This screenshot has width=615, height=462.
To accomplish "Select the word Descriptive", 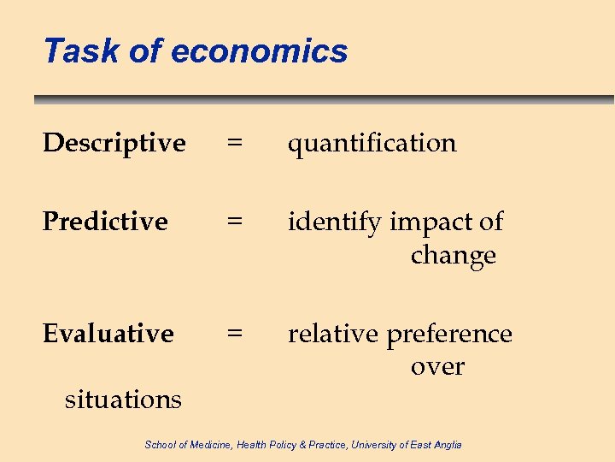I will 114,143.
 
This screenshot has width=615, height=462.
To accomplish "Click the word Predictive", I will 104,222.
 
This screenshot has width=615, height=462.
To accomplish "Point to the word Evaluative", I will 108,333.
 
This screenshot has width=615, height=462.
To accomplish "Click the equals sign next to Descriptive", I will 233,143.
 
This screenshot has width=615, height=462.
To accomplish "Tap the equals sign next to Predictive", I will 233,222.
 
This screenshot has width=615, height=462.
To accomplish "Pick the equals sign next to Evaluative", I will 233,333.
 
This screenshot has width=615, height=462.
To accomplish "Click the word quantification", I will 372,143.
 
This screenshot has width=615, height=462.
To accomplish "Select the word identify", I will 334,222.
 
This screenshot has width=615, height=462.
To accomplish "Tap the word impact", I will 430,222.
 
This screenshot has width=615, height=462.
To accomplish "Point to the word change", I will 453,255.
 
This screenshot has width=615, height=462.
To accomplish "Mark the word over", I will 437,366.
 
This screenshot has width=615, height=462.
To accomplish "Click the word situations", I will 123,399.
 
